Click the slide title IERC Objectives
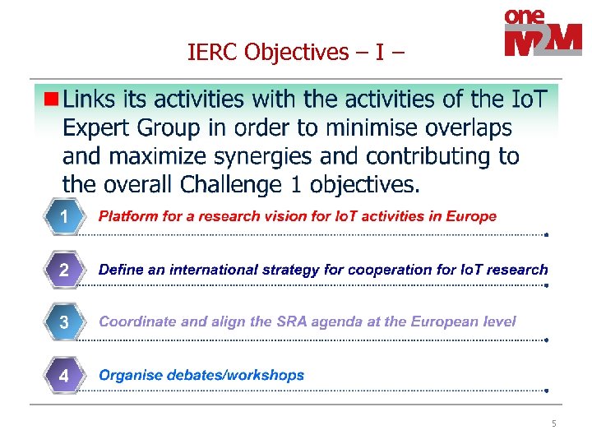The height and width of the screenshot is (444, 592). [296, 53]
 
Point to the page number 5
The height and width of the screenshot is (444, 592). [553, 423]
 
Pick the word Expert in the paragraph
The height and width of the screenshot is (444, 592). [95, 128]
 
